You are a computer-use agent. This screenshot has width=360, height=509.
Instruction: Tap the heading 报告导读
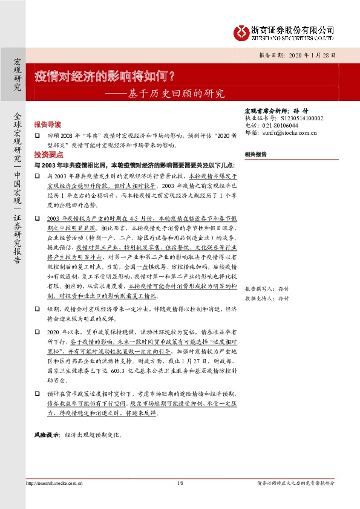pos(47,122)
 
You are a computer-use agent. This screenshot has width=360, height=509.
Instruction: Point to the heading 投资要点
pos(47,155)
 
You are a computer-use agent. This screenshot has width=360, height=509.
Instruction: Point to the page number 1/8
pos(180,483)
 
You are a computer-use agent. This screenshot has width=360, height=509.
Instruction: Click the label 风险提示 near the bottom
pos(46,435)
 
